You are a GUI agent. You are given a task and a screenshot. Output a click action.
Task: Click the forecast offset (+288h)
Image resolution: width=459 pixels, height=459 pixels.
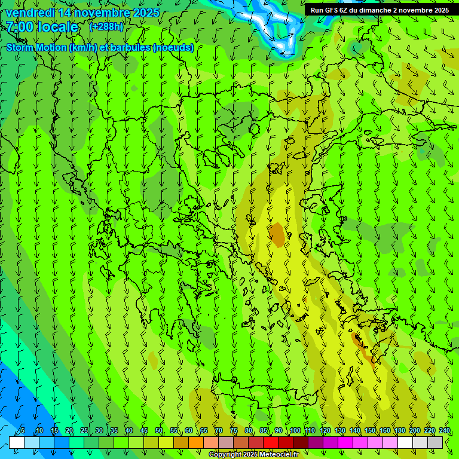point(107,27)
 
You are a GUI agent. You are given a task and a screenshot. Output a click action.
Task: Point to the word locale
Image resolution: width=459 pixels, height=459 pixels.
point(58,27)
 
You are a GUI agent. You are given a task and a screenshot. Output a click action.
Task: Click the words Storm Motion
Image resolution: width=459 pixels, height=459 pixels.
point(37,48)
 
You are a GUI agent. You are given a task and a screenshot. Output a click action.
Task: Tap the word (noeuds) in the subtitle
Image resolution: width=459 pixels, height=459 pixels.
point(173,48)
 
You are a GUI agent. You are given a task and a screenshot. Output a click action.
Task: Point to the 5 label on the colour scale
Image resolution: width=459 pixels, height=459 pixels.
point(23,430)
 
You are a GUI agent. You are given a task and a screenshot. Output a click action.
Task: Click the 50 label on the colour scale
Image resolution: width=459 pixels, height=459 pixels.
point(159,430)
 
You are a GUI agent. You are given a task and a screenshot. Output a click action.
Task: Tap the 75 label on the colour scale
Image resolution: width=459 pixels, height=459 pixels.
point(234,430)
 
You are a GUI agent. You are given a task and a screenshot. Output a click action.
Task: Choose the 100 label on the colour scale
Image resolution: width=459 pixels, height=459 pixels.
point(295,430)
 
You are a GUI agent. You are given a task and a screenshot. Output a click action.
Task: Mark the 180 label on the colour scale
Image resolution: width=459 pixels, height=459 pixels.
point(399,430)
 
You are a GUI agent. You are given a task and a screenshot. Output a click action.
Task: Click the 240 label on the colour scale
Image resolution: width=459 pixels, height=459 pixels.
point(444,430)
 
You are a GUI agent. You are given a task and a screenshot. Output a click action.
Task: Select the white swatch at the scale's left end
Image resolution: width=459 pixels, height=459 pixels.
point(17,442)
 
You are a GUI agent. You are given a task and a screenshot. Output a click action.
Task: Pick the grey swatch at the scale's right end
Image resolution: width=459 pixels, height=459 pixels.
point(435,442)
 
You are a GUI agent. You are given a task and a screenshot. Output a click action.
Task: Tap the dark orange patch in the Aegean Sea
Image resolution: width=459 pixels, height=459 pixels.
point(277,234)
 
